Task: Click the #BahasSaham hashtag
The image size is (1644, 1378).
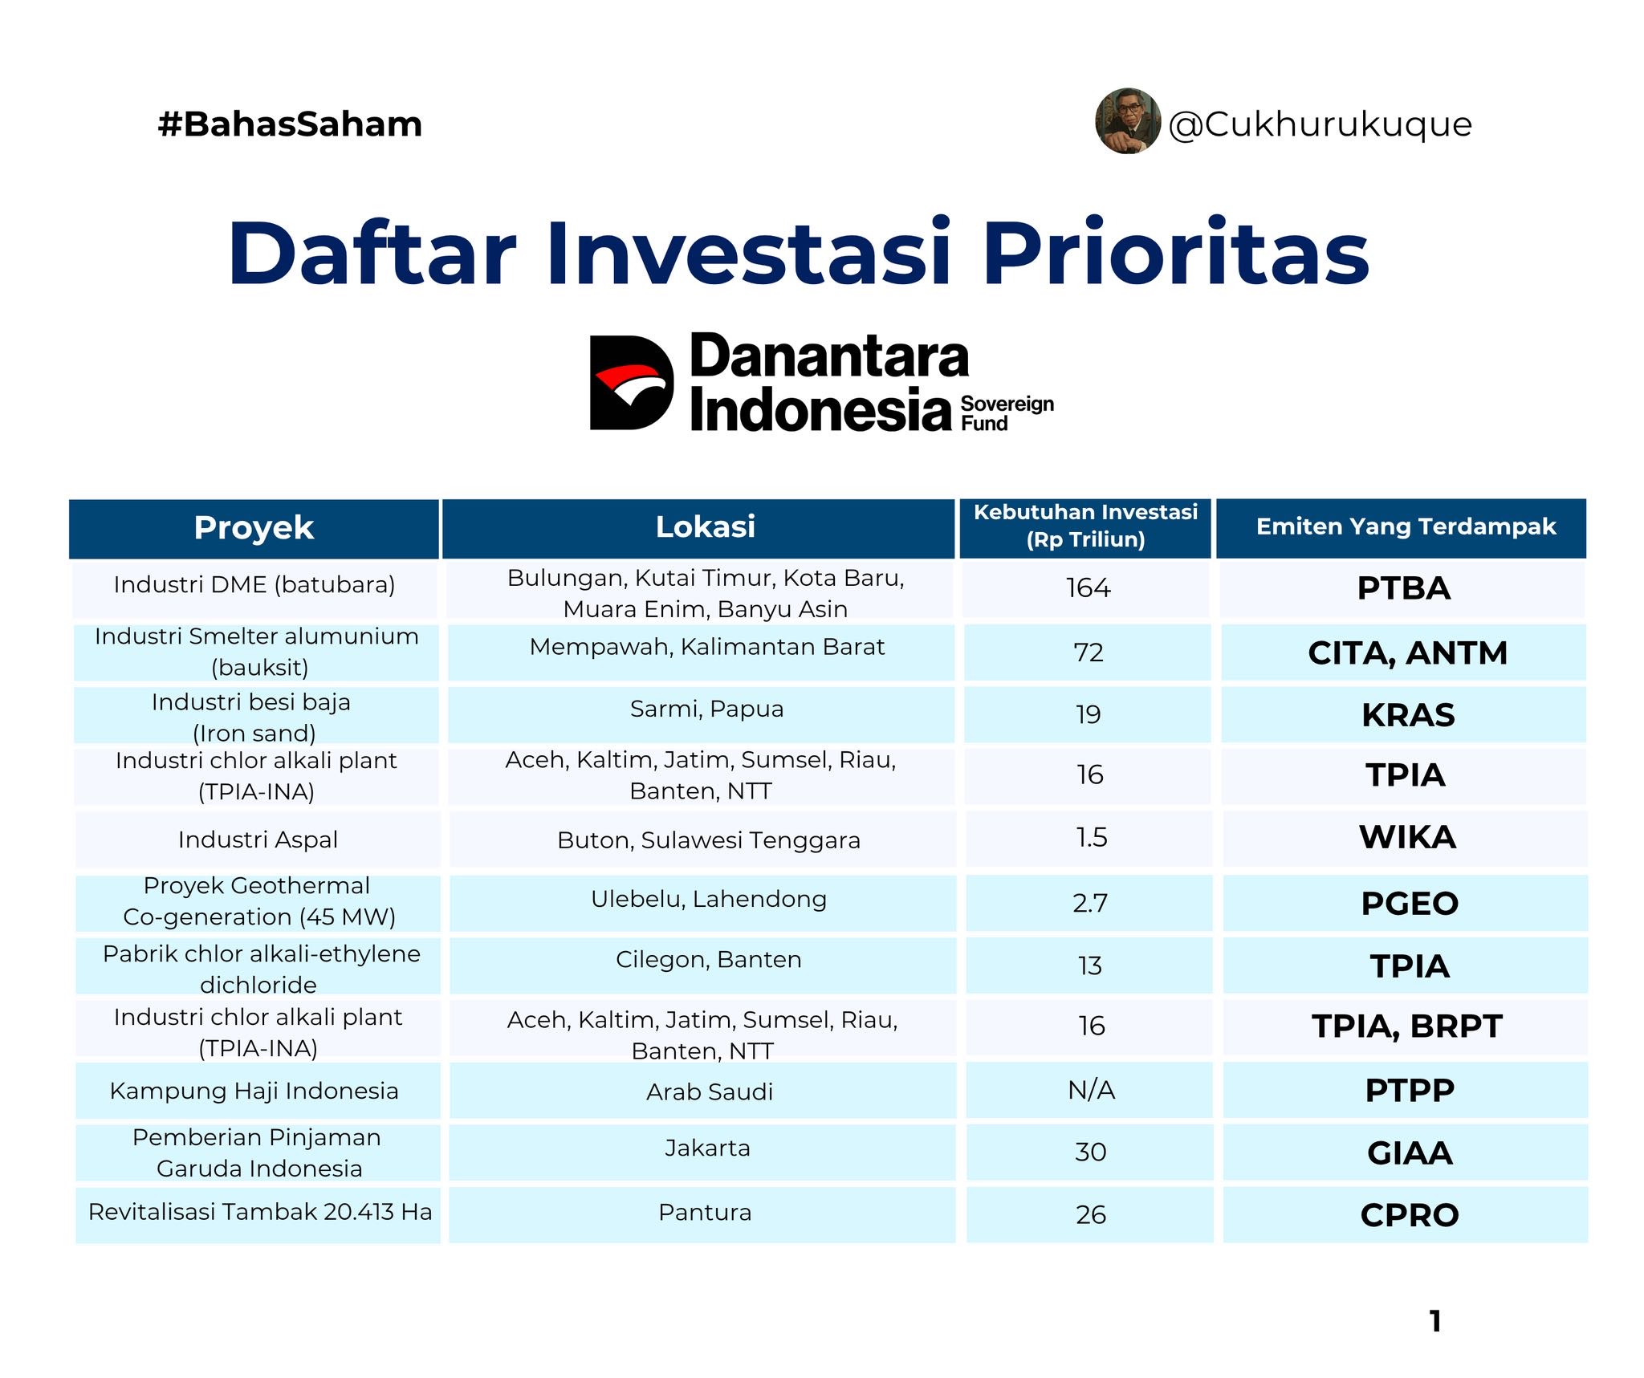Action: tap(290, 124)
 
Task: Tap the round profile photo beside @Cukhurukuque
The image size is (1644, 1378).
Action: tap(1128, 121)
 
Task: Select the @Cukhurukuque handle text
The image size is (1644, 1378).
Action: tap(1320, 124)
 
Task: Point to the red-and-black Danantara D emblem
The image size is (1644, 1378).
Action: tap(631, 383)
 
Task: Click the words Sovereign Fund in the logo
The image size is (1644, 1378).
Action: tap(1007, 413)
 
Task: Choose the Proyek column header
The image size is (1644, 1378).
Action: tap(254, 528)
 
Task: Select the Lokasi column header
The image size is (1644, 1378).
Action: tap(706, 527)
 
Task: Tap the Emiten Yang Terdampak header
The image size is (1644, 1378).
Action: tap(1406, 526)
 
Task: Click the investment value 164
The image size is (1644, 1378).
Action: tap(1089, 588)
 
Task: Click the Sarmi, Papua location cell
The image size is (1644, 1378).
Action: tap(706, 709)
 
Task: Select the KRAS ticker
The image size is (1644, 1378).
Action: tap(1408, 715)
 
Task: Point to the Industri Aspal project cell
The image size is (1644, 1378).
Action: tap(258, 840)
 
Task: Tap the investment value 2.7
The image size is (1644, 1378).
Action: tap(1090, 904)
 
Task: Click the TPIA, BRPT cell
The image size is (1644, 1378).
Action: tap(1406, 1026)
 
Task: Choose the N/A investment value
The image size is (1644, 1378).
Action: tap(1091, 1090)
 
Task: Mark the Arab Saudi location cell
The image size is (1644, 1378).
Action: tap(710, 1091)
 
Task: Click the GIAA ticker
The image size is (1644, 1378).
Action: tap(1410, 1153)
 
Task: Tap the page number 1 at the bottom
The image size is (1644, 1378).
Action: tap(1435, 1321)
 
